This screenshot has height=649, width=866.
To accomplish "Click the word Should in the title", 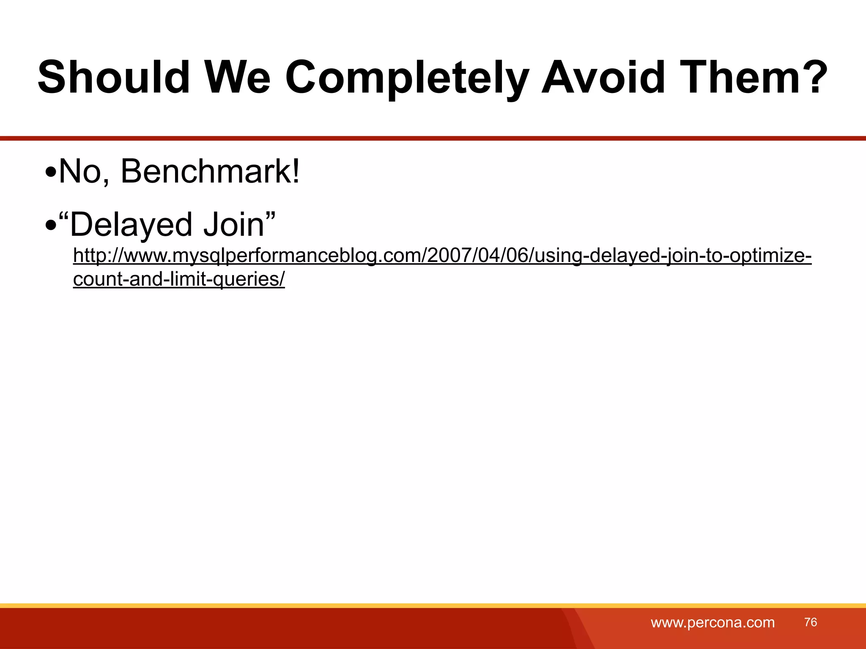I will click(x=113, y=77).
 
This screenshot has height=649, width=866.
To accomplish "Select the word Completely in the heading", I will click(x=407, y=77).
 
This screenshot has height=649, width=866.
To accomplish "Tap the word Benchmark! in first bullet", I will click(x=210, y=171).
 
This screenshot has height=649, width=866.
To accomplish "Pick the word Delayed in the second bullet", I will click(x=130, y=224).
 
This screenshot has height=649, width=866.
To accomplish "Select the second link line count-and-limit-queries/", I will click(x=179, y=279).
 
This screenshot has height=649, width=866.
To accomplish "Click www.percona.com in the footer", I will click(x=713, y=622).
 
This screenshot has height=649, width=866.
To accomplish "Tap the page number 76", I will click(x=811, y=622).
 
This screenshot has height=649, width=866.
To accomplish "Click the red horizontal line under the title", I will click(x=433, y=138).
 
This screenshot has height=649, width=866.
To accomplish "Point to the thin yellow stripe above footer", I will click(x=433, y=605).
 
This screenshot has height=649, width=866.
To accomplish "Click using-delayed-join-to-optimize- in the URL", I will click(x=673, y=256).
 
